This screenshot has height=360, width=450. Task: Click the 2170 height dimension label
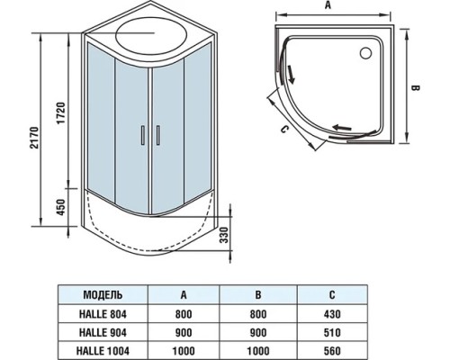click(35, 138)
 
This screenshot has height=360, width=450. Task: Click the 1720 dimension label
click(60, 113)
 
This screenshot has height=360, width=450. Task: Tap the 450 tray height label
click(61, 207)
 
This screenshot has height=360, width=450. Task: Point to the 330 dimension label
click(225, 235)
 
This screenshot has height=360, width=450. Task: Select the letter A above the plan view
click(328, 5)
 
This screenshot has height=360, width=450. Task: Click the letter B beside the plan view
click(415, 88)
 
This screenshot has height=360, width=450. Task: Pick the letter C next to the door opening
click(284, 129)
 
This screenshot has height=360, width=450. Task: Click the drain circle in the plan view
click(365, 53)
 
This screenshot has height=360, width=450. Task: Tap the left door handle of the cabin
click(143, 136)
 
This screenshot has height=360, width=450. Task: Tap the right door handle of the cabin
click(157, 136)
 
